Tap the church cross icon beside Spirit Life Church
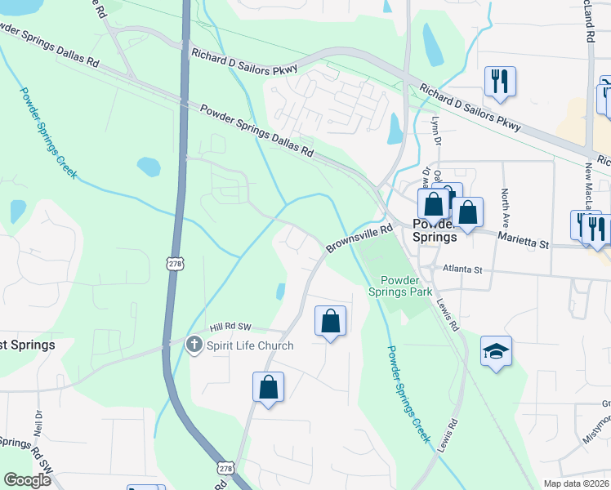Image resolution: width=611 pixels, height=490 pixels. tap(194, 345)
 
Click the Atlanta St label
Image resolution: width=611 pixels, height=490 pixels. tap(463, 267)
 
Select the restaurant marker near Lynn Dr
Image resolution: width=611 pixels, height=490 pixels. tap(498, 82)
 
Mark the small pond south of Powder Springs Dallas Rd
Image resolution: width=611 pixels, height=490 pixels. tap(149, 167)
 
